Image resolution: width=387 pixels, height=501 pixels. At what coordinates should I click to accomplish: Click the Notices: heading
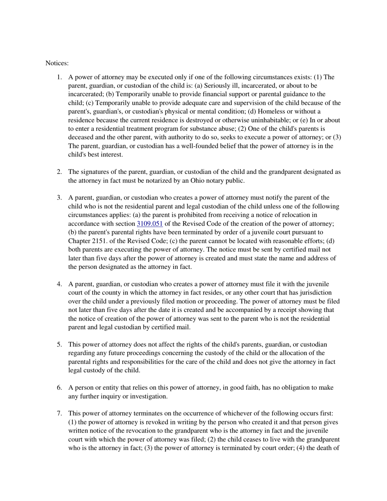pos(57,63)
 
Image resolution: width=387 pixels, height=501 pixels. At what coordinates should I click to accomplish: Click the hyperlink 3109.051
pos(150,224)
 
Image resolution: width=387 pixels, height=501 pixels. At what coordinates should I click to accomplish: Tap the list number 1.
pos(59,77)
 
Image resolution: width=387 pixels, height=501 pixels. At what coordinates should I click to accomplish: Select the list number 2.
pos(59,172)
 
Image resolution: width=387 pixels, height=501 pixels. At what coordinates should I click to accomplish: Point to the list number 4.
pos(59,284)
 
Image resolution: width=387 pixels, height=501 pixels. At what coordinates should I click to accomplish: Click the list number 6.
pos(59,387)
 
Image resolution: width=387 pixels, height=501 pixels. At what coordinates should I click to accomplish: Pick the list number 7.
pos(59,413)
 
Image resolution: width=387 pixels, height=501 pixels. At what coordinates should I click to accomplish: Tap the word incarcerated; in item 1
pos(84,94)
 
